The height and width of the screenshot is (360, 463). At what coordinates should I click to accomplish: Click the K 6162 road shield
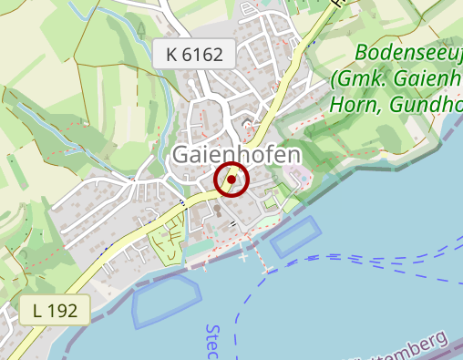pyautogui.click(x=195, y=55)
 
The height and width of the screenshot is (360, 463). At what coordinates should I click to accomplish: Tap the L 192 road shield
pyautogui.click(x=55, y=310)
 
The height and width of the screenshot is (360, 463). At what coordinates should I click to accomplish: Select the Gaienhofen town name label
pyautogui.click(x=236, y=156)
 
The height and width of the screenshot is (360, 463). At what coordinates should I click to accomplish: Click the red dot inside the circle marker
pyautogui.click(x=231, y=180)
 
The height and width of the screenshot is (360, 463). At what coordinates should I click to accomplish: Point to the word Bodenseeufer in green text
pyautogui.click(x=408, y=52)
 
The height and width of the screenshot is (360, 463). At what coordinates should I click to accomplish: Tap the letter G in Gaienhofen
pyautogui.click(x=182, y=156)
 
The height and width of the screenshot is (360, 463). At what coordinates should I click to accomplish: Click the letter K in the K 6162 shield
pyautogui.click(x=171, y=55)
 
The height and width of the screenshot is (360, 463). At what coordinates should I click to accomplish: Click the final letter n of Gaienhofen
pyautogui.click(x=291, y=156)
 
